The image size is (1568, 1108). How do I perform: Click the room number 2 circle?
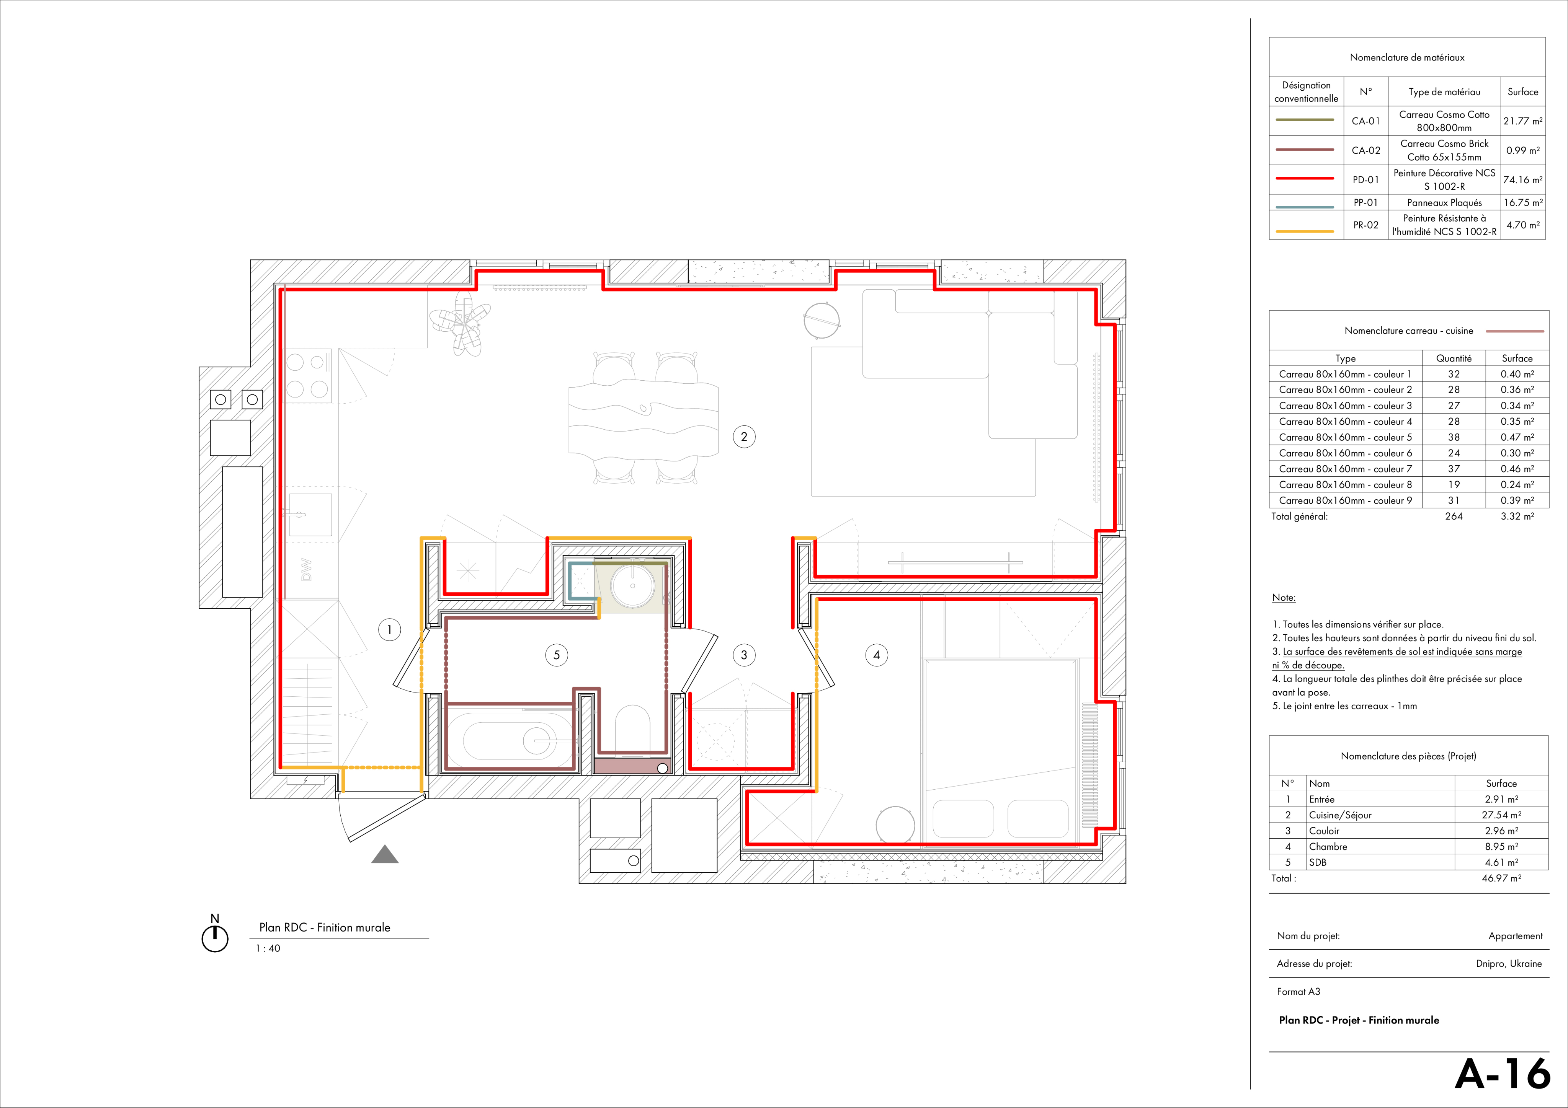tap(744, 437)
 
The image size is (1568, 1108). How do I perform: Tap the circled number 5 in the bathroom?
tap(557, 655)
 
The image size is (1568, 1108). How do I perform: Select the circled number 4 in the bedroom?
tap(877, 655)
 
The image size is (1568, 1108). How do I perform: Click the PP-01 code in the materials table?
tap(1366, 203)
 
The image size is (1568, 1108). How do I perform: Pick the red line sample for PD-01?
tap(1304, 179)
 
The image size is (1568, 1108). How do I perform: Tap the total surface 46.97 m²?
tap(1502, 878)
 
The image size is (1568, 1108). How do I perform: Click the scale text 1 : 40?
tap(268, 948)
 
